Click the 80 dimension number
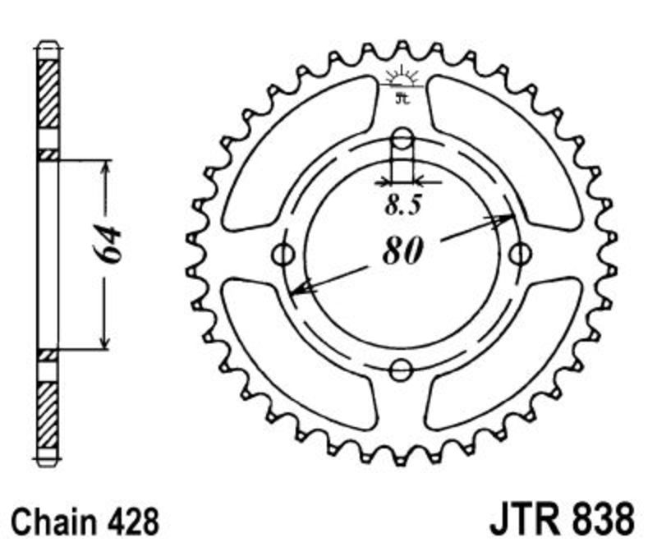(x=402, y=251)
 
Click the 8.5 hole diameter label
(x=402, y=205)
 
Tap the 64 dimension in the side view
(x=107, y=245)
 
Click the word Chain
(x=53, y=522)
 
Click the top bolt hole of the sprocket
(x=402, y=139)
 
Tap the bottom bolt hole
(x=402, y=370)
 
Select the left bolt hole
(x=283, y=254)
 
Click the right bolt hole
(x=521, y=254)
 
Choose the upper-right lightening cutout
(x=504, y=152)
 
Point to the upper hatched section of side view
(x=48, y=94)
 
